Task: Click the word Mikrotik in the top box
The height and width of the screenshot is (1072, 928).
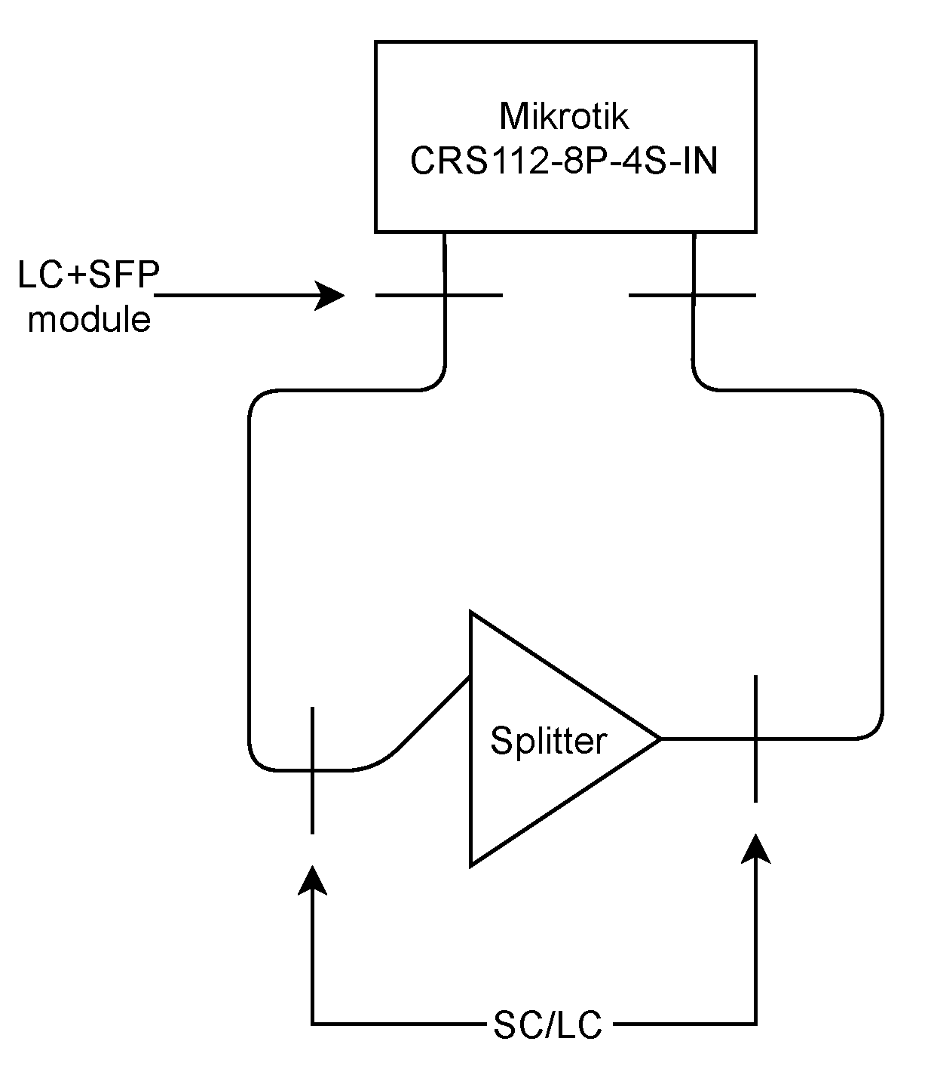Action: point(564,117)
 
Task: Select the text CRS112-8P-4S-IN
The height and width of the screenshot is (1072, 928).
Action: point(564,161)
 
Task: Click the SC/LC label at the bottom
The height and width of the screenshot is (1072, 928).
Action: point(548,1025)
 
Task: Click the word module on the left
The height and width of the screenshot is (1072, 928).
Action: point(89,319)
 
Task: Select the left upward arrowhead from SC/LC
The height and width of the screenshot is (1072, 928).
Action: point(312,879)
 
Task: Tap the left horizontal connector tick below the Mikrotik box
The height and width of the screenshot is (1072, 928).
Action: point(439,295)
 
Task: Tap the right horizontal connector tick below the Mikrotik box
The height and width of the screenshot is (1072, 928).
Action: point(692,295)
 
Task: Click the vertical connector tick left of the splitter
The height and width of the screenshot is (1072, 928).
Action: point(312,770)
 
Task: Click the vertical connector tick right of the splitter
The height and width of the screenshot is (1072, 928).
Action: point(755,739)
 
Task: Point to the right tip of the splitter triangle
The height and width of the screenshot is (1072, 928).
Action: point(660,739)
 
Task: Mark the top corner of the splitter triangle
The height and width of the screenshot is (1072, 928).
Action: point(472,613)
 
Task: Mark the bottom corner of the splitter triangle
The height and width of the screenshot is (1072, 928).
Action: point(472,864)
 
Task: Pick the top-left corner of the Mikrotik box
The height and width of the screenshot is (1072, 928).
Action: point(376,43)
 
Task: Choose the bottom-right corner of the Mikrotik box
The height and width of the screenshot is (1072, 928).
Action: point(755,231)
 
